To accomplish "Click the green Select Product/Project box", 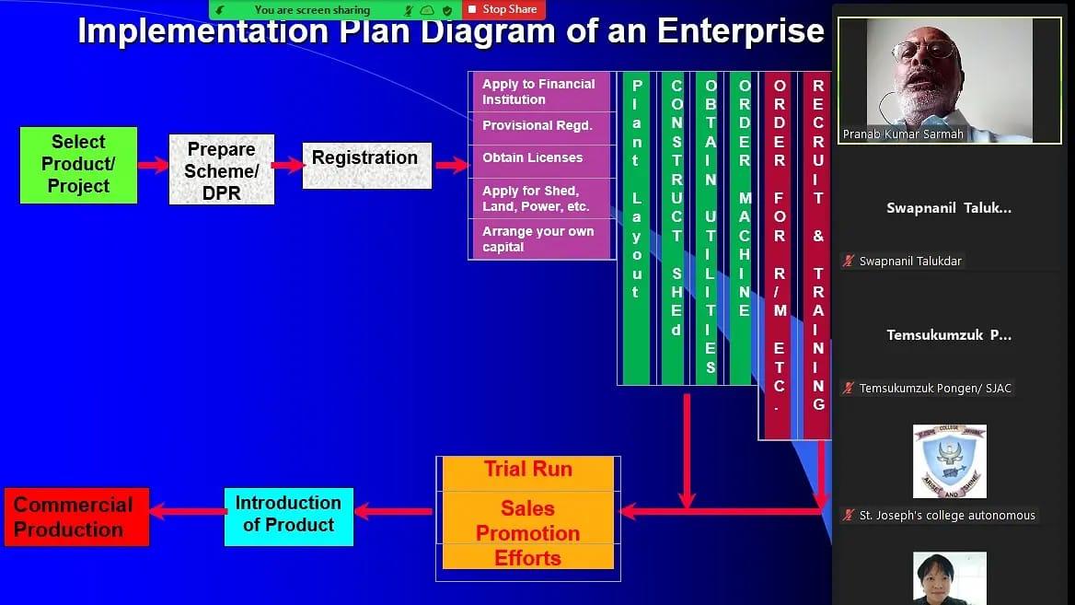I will coord(78,165).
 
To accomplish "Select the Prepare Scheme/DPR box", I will coord(221,170).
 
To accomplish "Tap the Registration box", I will coord(366,166).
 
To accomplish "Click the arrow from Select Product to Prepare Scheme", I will coord(153,166).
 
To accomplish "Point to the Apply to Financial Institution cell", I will coord(539,92).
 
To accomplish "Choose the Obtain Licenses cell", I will coord(539,158).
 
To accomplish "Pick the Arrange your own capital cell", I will coord(539,239).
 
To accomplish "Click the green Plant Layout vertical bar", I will coord(636,227).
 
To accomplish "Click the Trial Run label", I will coord(528,470).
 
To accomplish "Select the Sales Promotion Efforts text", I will coord(527,533).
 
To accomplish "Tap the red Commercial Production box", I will coord(76,517).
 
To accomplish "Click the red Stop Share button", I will coord(503,9).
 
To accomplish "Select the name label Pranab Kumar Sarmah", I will coord(902,134).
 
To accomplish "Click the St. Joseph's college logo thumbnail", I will coord(949,460).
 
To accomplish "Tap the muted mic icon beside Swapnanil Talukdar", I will coord(849,262).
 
